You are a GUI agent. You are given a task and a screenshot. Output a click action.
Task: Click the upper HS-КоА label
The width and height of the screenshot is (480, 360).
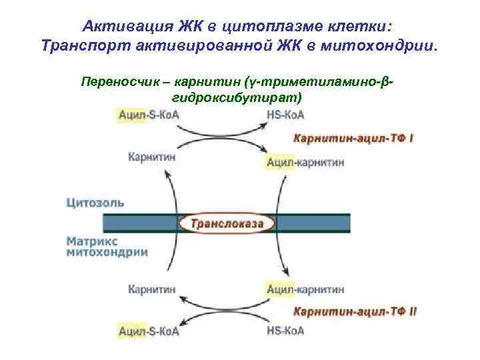(x=285, y=115)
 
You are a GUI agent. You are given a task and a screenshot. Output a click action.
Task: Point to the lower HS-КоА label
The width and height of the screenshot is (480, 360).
(x=285, y=331)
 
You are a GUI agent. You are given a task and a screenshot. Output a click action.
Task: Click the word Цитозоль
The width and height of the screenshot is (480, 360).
(x=95, y=203)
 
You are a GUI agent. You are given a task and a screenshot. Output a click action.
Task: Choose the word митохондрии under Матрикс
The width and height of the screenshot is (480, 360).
(x=107, y=253)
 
